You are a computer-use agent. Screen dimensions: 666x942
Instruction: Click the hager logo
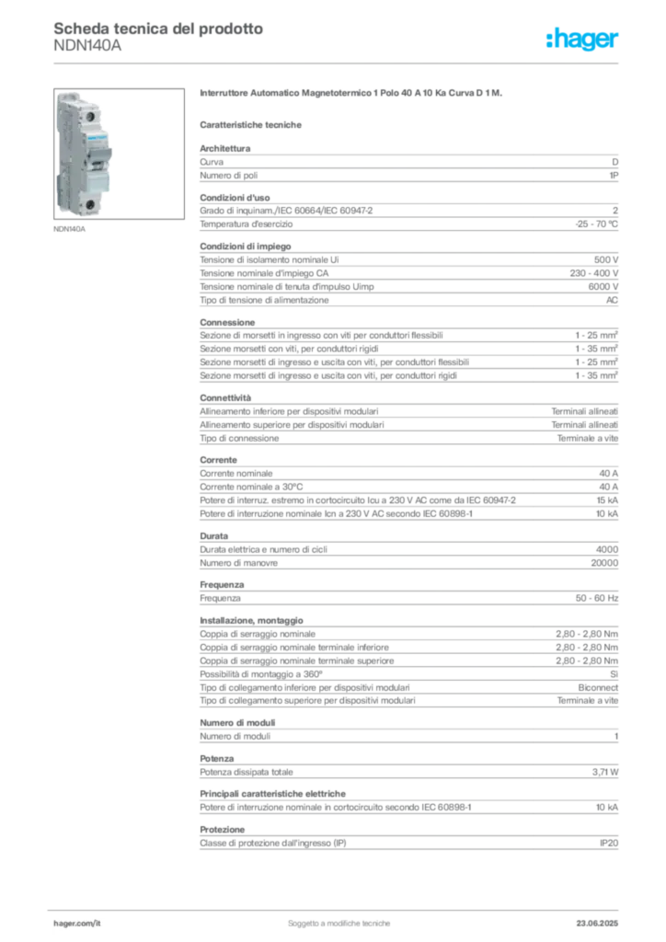[582, 40]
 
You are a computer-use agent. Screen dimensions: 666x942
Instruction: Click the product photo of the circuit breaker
[119, 154]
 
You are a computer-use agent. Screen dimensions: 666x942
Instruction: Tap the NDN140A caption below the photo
[70, 229]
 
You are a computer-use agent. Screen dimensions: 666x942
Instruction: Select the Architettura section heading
[225, 148]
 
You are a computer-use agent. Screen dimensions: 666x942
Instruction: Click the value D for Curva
[615, 162]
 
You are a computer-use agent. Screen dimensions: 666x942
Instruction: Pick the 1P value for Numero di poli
[614, 176]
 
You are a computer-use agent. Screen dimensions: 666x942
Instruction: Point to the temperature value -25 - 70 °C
[596, 224]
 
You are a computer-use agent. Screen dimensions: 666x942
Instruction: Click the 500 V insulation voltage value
[606, 260]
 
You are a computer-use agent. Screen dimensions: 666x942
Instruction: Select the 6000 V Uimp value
[603, 287]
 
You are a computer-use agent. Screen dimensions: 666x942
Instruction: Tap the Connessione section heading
[227, 323]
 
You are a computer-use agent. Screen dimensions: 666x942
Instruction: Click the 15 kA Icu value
[607, 500]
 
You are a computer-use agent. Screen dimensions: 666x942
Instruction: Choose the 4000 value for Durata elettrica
[607, 550]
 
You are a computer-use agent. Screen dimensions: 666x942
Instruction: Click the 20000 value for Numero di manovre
[604, 564]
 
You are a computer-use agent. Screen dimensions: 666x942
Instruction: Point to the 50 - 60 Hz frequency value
[597, 598]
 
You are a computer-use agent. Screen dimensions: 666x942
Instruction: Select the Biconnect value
[598, 688]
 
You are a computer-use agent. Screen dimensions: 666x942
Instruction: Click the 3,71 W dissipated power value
[605, 773]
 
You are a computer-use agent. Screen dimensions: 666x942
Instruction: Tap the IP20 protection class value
[609, 844]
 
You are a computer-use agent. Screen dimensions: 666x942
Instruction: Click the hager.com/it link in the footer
[77, 924]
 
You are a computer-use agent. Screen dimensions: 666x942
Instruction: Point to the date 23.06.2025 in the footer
[598, 924]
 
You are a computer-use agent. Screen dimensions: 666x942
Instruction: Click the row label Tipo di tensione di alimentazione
[264, 301]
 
